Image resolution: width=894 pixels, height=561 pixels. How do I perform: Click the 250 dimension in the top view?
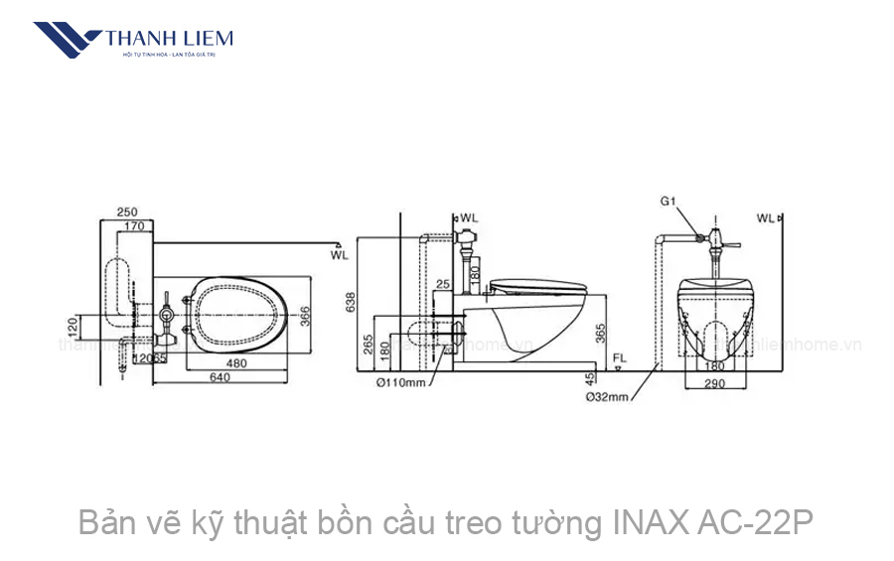[126, 211]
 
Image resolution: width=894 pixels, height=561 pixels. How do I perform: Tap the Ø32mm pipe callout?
[605, 397]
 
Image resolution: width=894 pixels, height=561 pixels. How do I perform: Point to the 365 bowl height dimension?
[602, 332]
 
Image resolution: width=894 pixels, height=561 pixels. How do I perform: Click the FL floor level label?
[618, 355]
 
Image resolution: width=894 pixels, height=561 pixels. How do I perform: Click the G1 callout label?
[669, 201]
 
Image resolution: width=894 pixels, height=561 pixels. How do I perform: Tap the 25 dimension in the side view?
[443, 286]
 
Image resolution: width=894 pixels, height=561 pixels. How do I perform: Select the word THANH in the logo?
[135, 39]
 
